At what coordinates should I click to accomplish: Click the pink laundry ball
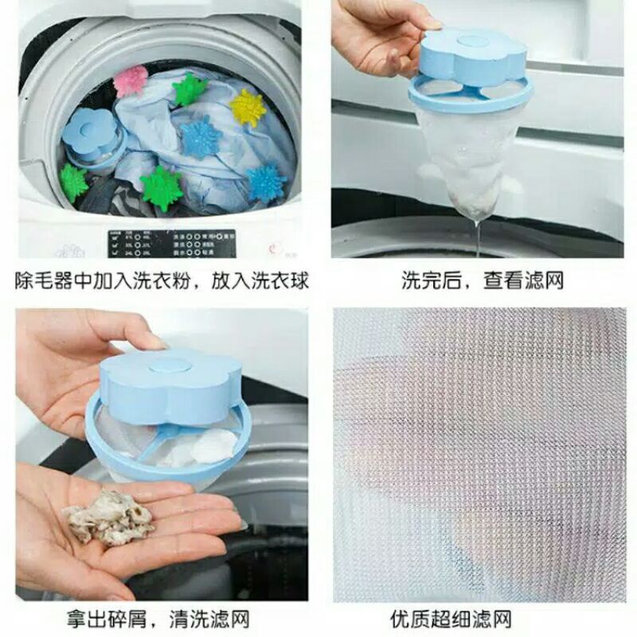131,80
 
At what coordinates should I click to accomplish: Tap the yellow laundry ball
247,107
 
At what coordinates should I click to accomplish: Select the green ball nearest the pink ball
190,90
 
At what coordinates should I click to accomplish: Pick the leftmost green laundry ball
73,183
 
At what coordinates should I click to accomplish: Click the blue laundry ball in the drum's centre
200,136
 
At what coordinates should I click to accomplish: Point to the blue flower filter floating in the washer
92,137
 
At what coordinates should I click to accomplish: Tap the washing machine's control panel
170,243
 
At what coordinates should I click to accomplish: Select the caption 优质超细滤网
451,618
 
